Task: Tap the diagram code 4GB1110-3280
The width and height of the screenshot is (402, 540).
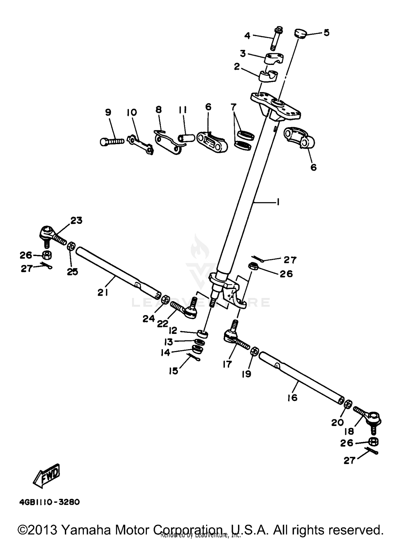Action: (x=49, y=502)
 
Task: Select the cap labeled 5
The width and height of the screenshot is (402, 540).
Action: (x=300, y=34)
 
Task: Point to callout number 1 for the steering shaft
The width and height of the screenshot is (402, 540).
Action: (x=278, y=202)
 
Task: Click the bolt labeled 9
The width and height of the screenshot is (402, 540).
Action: (x=112, y=141)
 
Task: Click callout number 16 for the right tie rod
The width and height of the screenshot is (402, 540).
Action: (x=292, y=397)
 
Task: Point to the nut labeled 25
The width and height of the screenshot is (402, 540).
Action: (x=71, y=246)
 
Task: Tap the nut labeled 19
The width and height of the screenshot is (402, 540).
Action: (x=255, y=351)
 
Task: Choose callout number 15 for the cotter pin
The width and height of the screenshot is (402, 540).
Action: (x=173, y=371)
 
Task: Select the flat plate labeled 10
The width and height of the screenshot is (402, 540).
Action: (x=141, y=144)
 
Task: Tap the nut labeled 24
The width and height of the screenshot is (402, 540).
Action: (x=166, y=299)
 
